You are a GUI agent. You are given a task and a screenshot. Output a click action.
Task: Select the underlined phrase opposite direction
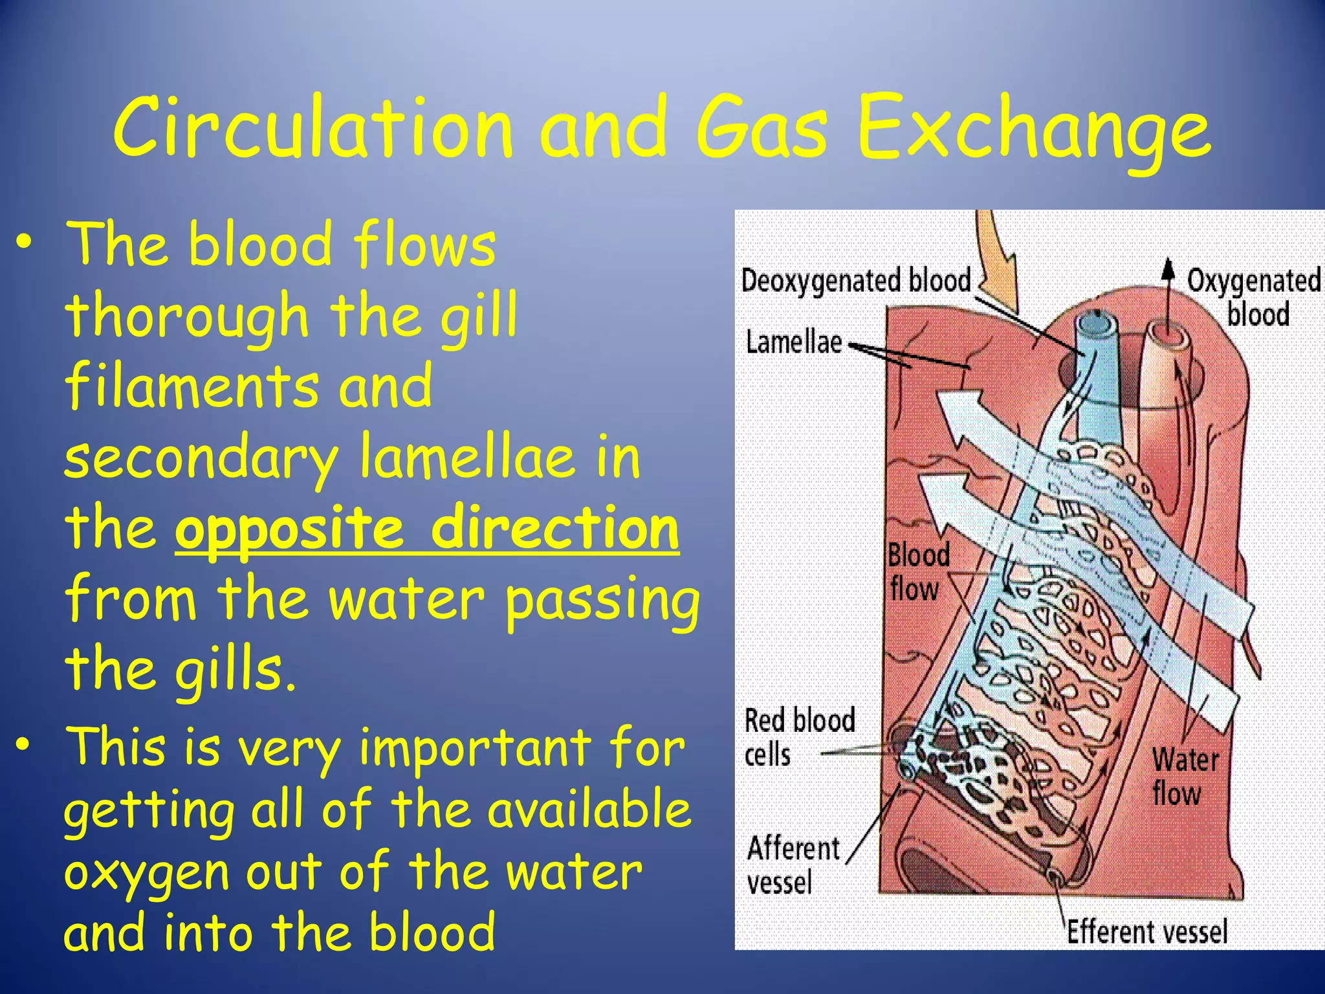pos(427,529)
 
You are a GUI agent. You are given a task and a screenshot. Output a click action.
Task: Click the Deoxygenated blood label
pos(856,281)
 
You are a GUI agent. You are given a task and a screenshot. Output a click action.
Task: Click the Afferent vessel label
pos(792,865)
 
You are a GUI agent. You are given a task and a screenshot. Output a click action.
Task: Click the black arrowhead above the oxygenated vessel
pos(1168,269)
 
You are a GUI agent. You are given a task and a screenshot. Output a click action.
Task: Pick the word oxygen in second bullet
pos(146,873)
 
